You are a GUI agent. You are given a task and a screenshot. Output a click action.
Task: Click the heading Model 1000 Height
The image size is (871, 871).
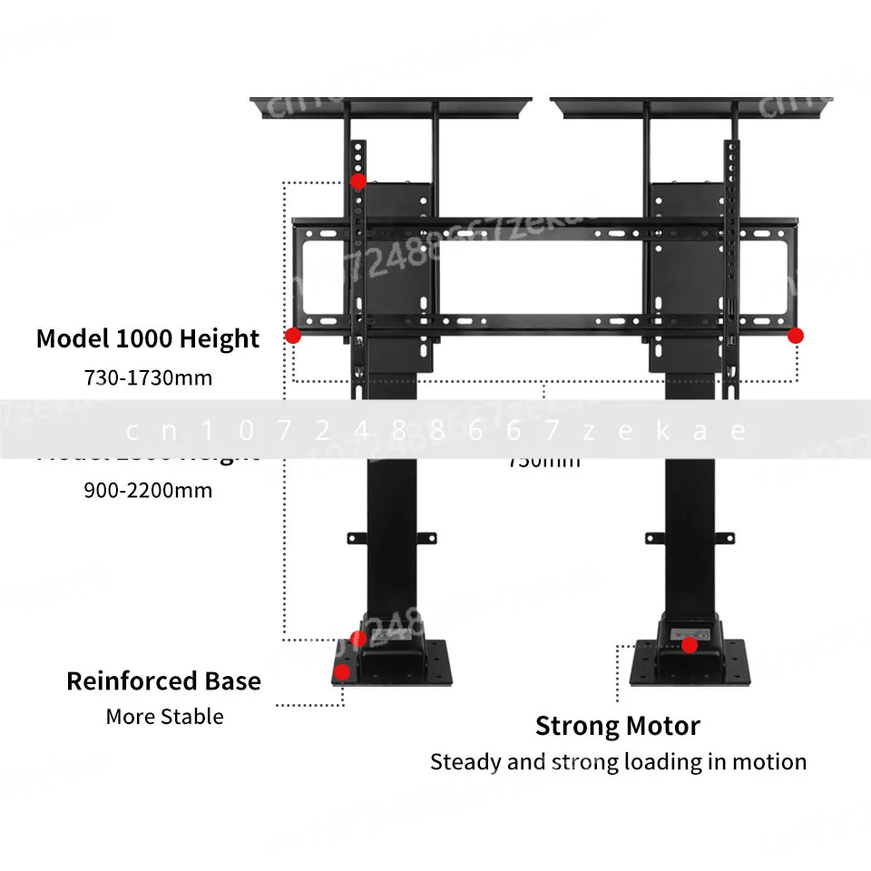[148, 339]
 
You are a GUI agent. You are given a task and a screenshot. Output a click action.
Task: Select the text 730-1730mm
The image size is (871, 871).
[148, 377]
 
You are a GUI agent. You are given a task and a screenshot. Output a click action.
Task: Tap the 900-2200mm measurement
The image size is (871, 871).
[148, 490]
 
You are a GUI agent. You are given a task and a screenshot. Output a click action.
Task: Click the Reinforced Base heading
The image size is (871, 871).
[163, 681]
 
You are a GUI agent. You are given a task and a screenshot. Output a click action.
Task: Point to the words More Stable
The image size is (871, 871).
[164, 717]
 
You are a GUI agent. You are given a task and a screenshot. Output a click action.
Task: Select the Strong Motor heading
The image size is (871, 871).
[618, 726]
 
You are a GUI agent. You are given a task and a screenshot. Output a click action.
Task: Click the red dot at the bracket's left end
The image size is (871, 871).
[293, 336]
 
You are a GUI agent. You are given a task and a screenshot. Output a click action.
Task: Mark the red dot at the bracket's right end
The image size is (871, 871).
[796, 336]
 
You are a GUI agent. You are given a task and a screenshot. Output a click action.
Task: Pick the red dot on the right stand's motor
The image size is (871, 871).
[690, 645]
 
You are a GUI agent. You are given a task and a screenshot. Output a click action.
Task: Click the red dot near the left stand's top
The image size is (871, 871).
[358, 181]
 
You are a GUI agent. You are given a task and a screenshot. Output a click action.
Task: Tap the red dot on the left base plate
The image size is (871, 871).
[343, 672]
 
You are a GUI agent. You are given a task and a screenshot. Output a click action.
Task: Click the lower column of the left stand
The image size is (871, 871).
[392, 535]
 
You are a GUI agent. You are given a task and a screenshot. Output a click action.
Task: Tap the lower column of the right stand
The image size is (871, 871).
[690, 535]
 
